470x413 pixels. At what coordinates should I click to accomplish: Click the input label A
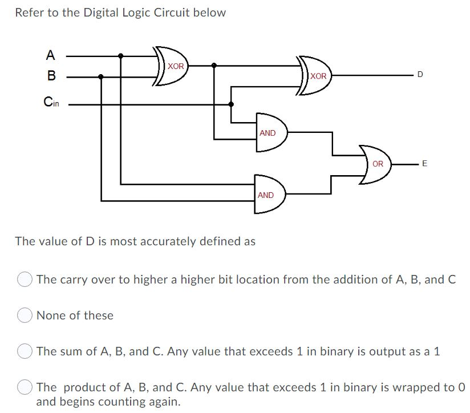(51, 55)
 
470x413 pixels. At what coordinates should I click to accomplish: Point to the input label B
(51, 75)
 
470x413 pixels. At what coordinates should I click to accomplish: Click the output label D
(420, 75)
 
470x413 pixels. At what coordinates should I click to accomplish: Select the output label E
(424, 164)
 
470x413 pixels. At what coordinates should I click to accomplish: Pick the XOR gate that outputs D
(314, 75)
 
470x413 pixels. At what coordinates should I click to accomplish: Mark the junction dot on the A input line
(120, 56)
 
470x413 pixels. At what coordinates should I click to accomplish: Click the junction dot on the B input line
(101, 76)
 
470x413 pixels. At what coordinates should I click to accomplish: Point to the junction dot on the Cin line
(231, 104)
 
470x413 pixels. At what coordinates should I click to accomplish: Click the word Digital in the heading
(102, 13)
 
